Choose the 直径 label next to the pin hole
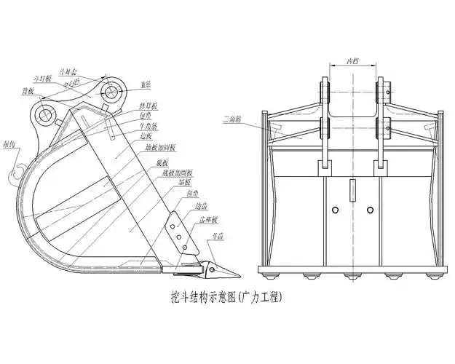coord(146,85)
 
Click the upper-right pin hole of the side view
coord(111,92)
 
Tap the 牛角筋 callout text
coord(148,126)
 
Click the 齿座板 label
coord(209,220)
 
